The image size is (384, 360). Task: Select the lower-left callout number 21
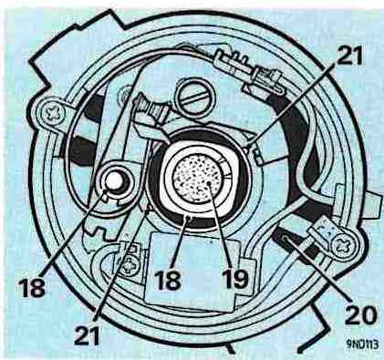click(x=87, y=334)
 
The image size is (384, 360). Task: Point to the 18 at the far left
click(x=32, y=286)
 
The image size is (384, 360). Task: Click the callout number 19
click(x=235, y=278)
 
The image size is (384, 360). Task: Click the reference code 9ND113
click(x=362, y=345)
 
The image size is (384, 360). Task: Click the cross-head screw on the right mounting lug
click(x=343, y=244)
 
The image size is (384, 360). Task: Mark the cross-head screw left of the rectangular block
click(x=130, y=264)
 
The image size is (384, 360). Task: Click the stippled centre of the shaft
click(x=197, y=178)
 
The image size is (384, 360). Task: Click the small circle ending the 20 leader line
click(x=285, y=238)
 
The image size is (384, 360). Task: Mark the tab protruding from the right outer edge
click(x=374, y=204)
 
